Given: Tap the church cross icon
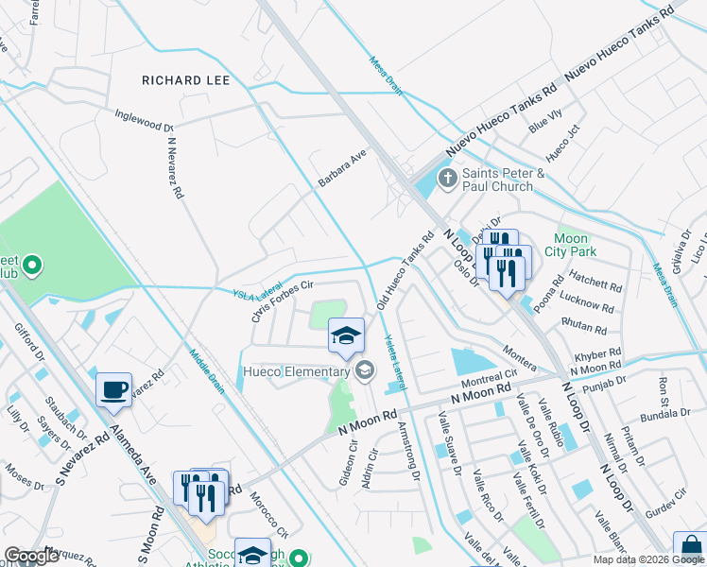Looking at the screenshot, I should pyautogui.click(x=446, y=177).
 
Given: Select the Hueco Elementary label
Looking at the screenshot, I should pyautogui.click(x=296, y=371).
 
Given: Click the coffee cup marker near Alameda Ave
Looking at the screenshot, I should pyautogui.click(x=114, y=389).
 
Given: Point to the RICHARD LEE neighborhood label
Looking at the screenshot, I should pyautogui.click(x=185, y=81).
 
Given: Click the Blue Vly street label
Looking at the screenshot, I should pyautogui.click(x=545, y=122).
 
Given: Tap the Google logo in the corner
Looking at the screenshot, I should pyautogui.click(x=31, y=556).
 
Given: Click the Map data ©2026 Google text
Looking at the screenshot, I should pyautogui.click(x=648, y=559).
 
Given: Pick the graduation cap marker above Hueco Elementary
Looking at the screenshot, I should pyautogui.click(x=346, y=335).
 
